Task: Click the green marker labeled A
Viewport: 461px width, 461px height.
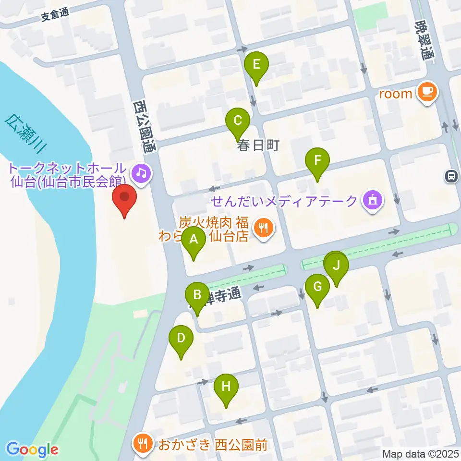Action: click(194, 239)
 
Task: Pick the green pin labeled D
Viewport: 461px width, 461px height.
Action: click(181, 338)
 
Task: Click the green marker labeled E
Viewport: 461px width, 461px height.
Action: click(256, 64)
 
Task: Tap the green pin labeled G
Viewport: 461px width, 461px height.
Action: click(317, 287)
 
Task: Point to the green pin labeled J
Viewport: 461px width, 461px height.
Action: click(337, 266)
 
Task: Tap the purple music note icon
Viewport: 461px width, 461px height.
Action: click(141, 171)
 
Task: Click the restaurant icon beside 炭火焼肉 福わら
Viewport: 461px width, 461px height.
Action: click(262, 228)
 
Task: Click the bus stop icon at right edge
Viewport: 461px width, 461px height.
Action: click(452, 177)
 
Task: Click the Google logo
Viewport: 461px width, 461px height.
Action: click(32, 450)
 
